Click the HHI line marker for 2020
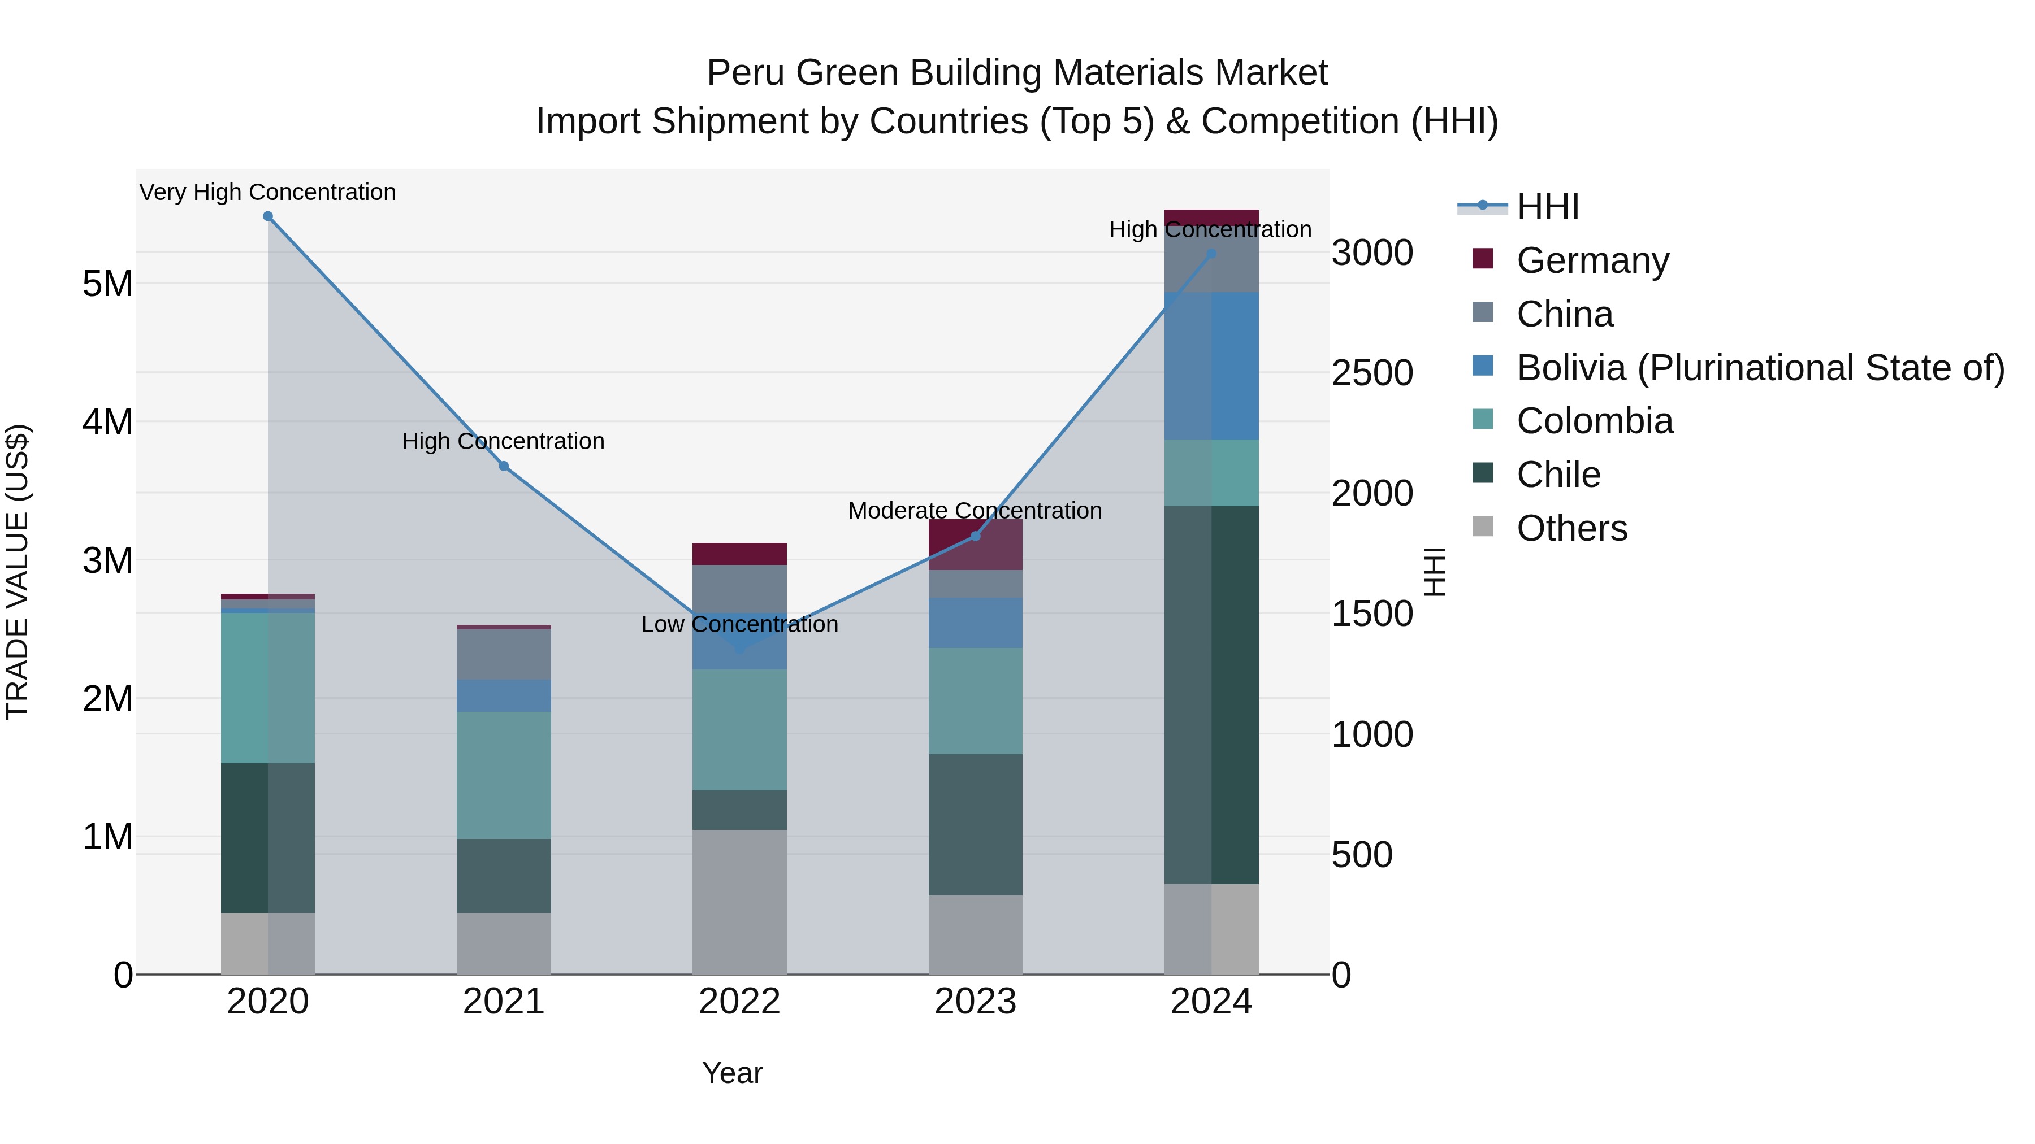pos(268,216)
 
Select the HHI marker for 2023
pos(976,536)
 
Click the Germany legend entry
pos(1592,260)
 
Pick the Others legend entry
pos(1571,528)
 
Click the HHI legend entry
pos(1547,207)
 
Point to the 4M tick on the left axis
pos(107,421)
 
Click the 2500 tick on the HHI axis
pos(1372,373)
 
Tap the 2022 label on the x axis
pos(739,1002)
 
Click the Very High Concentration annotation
pos(268,192)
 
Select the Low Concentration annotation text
pos(739,624)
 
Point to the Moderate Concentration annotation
pos(975,511)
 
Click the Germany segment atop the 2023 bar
pos(976,545)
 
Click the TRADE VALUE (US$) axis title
pos(18,572)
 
